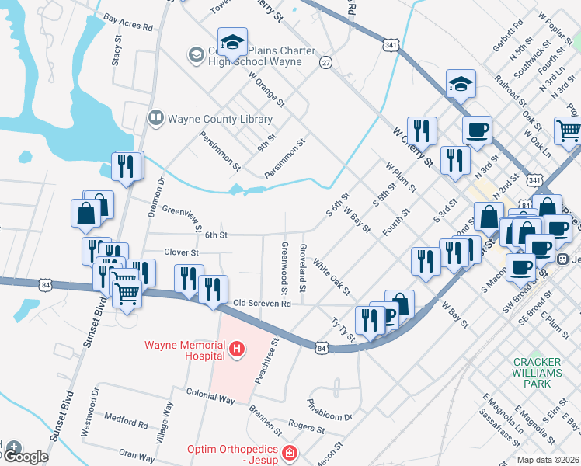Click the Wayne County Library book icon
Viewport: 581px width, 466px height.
155,119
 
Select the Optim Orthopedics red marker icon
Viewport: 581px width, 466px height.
289,451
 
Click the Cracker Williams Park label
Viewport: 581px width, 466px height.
538,373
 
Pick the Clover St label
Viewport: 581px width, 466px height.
182,252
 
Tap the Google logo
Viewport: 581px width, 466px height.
25,457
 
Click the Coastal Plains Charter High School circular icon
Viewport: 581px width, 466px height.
194,54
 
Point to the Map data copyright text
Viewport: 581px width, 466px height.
548,460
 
